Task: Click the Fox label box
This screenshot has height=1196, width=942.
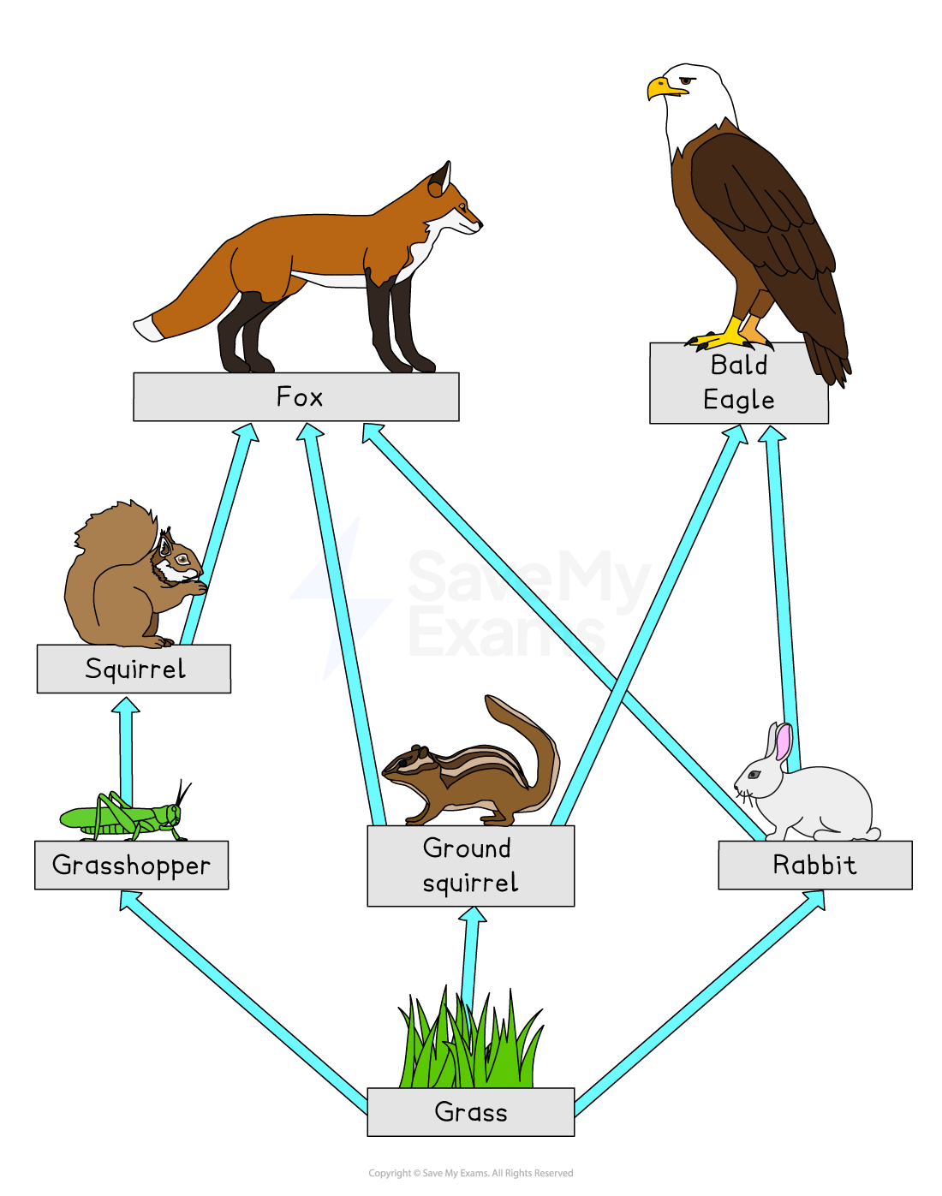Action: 295,396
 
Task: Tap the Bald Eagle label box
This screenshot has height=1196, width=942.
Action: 738,383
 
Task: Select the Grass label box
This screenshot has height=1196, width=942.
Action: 470,1111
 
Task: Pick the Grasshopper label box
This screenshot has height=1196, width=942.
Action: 131,865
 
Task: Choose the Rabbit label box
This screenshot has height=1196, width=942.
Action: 814,865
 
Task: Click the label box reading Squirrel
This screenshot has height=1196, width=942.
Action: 134,669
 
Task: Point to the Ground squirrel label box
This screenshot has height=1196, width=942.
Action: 470,866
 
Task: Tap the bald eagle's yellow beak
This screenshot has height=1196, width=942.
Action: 662,87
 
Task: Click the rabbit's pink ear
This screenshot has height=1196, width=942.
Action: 783,741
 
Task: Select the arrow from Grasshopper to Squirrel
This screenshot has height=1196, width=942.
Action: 127,749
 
